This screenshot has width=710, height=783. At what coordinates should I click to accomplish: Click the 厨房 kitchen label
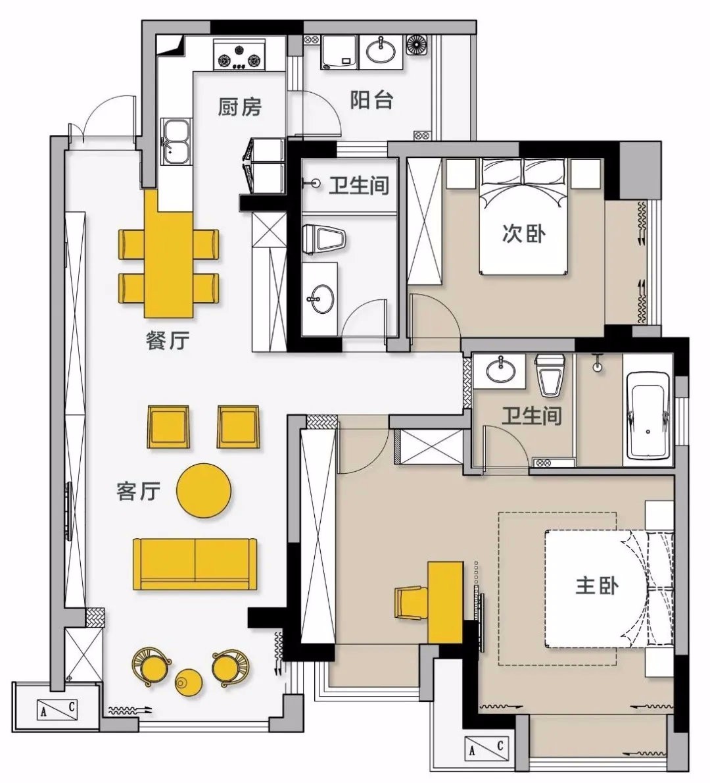pos(239,107)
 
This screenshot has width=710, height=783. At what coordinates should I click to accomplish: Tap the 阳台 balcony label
pos(371,100)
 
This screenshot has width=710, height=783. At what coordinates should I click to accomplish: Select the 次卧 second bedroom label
pos(524,233)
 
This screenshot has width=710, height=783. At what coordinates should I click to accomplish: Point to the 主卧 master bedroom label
pos(597,585)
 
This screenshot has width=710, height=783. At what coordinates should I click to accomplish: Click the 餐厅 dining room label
pos(168,341)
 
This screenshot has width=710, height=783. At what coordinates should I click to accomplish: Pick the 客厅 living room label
pos(138,491)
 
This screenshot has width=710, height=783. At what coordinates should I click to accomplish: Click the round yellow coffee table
pos(204,490)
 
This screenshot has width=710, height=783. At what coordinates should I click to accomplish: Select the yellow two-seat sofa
pos(195,564)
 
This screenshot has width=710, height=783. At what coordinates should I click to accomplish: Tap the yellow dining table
pos(169,254)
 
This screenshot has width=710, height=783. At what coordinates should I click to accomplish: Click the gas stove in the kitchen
pos(240,55)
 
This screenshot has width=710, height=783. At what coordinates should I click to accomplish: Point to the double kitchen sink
pos(176,141)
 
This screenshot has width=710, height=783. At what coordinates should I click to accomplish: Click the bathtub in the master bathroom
pos(648,415)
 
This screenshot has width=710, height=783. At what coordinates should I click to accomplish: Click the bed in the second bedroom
pos(524,216)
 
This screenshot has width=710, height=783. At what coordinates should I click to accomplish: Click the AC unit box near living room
pos(58,709)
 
